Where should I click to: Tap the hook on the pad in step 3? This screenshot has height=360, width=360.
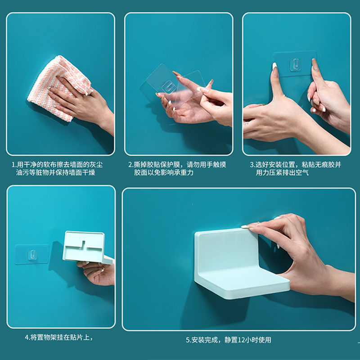click(295, 64)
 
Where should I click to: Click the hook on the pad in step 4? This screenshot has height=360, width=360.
click(31, 255)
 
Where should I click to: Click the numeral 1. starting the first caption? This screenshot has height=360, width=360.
click(14, 165)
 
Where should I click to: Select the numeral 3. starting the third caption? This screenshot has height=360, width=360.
click(253, 165)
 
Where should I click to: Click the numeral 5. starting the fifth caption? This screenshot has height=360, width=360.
click(189, 340)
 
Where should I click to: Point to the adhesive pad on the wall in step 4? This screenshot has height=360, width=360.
click(31, 254)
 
